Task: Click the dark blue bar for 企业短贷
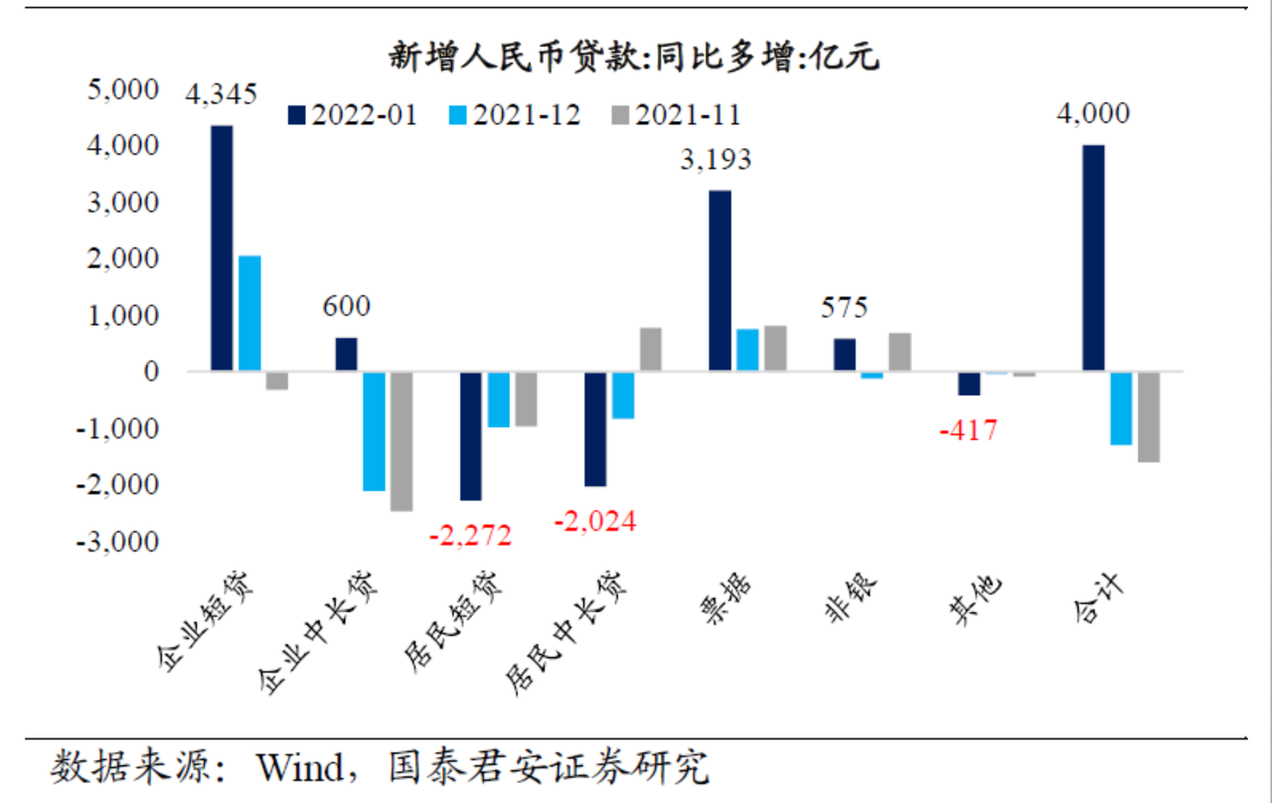click(x=223, y=248)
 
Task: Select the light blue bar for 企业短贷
click(x=250, y=314)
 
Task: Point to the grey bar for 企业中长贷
click(x=401, y=441)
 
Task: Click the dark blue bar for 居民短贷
click(x=471, y=436)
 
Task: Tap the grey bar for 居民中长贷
click(x=651, y=350)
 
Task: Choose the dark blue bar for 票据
click(x=720, y=281)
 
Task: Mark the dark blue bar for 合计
click(x=1093, y=258)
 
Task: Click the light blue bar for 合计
click(x=1121, y=408)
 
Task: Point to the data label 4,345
click(x=223, y=95)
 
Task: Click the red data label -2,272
click(x=471, y=537)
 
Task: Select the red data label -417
click(x=969, y=430)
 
